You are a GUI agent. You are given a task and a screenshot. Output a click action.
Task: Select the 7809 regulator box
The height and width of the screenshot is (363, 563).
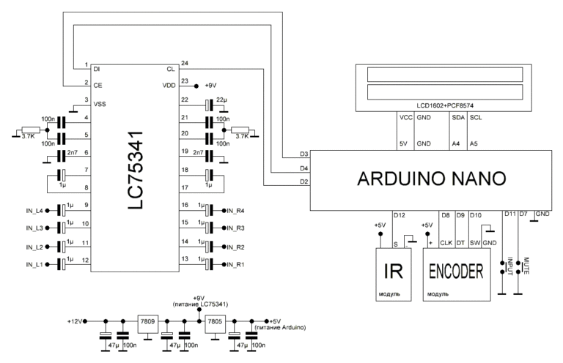[x=147, y=321]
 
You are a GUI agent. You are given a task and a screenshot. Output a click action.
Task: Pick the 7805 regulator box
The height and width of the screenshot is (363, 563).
[x=214, y=321]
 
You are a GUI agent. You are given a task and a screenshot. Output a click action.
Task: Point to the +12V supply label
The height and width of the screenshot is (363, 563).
[x=76, y=321]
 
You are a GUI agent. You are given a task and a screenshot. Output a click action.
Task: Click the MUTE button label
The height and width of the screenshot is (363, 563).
[x=526, y=266]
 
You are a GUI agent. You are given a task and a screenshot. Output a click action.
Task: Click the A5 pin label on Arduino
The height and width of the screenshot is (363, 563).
[x=474, y=143]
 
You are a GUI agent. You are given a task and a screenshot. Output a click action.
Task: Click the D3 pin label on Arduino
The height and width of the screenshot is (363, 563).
[x=303, y=154]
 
